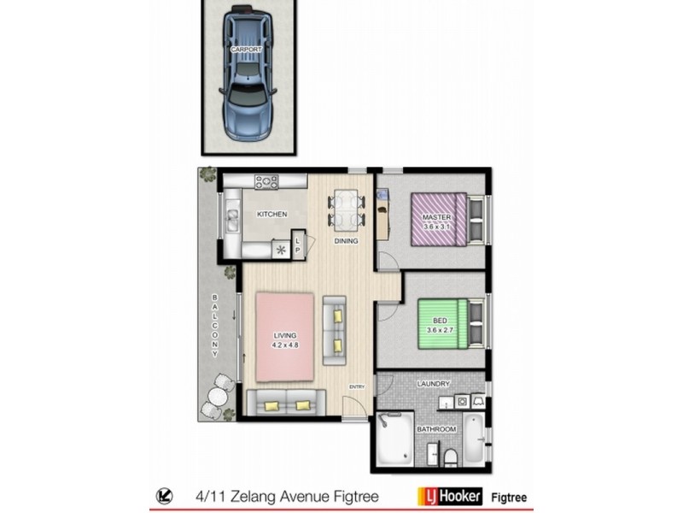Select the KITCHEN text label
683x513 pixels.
[x=271, y=215]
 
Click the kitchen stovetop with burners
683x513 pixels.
[x=266, y=180]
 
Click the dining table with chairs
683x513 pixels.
[x=345, y=208]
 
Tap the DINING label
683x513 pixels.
[x=346, y=241]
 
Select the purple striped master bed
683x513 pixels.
[x=439, y=219]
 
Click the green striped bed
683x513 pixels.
[x=442, y=322]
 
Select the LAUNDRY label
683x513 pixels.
[x=433, y=384]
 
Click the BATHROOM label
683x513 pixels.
[x=435, y=428]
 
